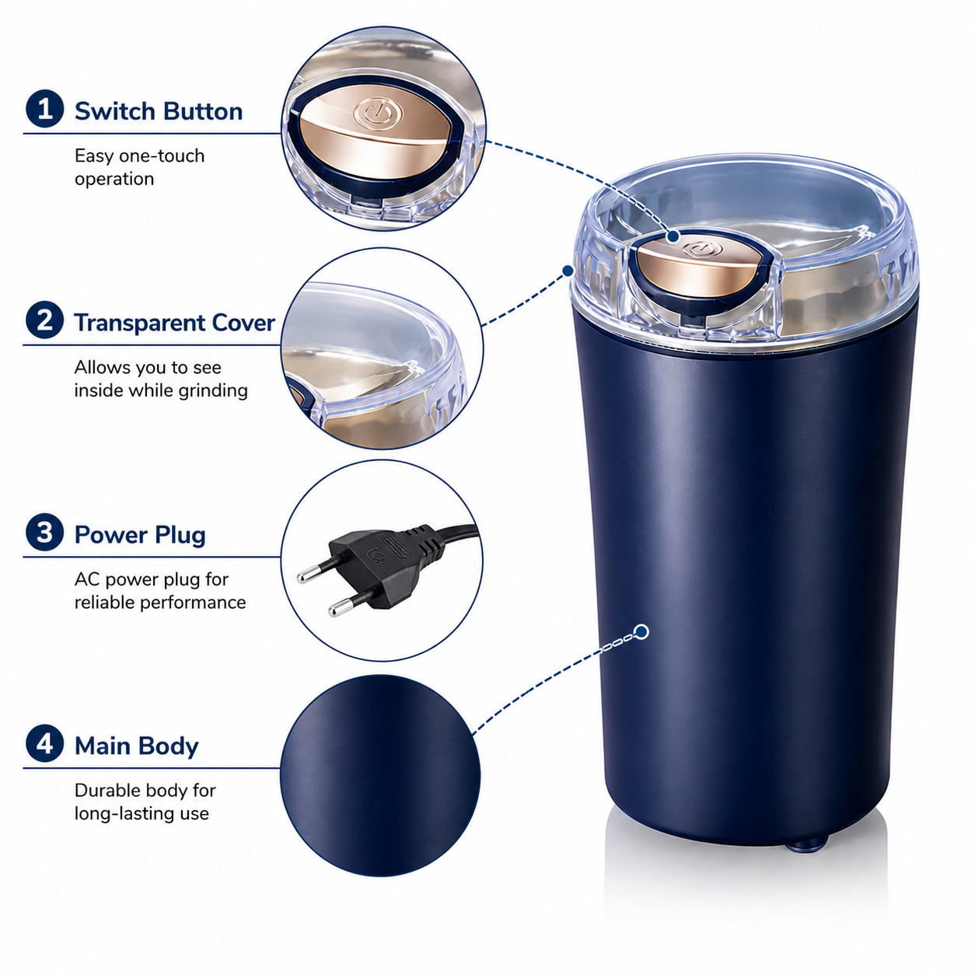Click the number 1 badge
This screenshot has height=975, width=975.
click(x=44, y=109)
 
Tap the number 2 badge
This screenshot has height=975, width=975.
click(x=44, y=320)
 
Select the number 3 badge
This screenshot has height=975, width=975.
click(x=44, y=533)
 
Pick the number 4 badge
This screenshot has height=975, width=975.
click(x=44, y=743)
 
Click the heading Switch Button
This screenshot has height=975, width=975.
click(x=159, y=111)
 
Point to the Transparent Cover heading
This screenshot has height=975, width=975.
click(x=175, y=323)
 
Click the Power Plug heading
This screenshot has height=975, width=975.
click(x=140, y=535)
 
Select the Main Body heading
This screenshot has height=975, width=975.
click(x=137, y=746)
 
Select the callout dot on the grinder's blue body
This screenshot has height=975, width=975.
click(x=641, y=631)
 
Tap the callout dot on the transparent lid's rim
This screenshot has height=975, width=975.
click(x=568, y=271)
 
